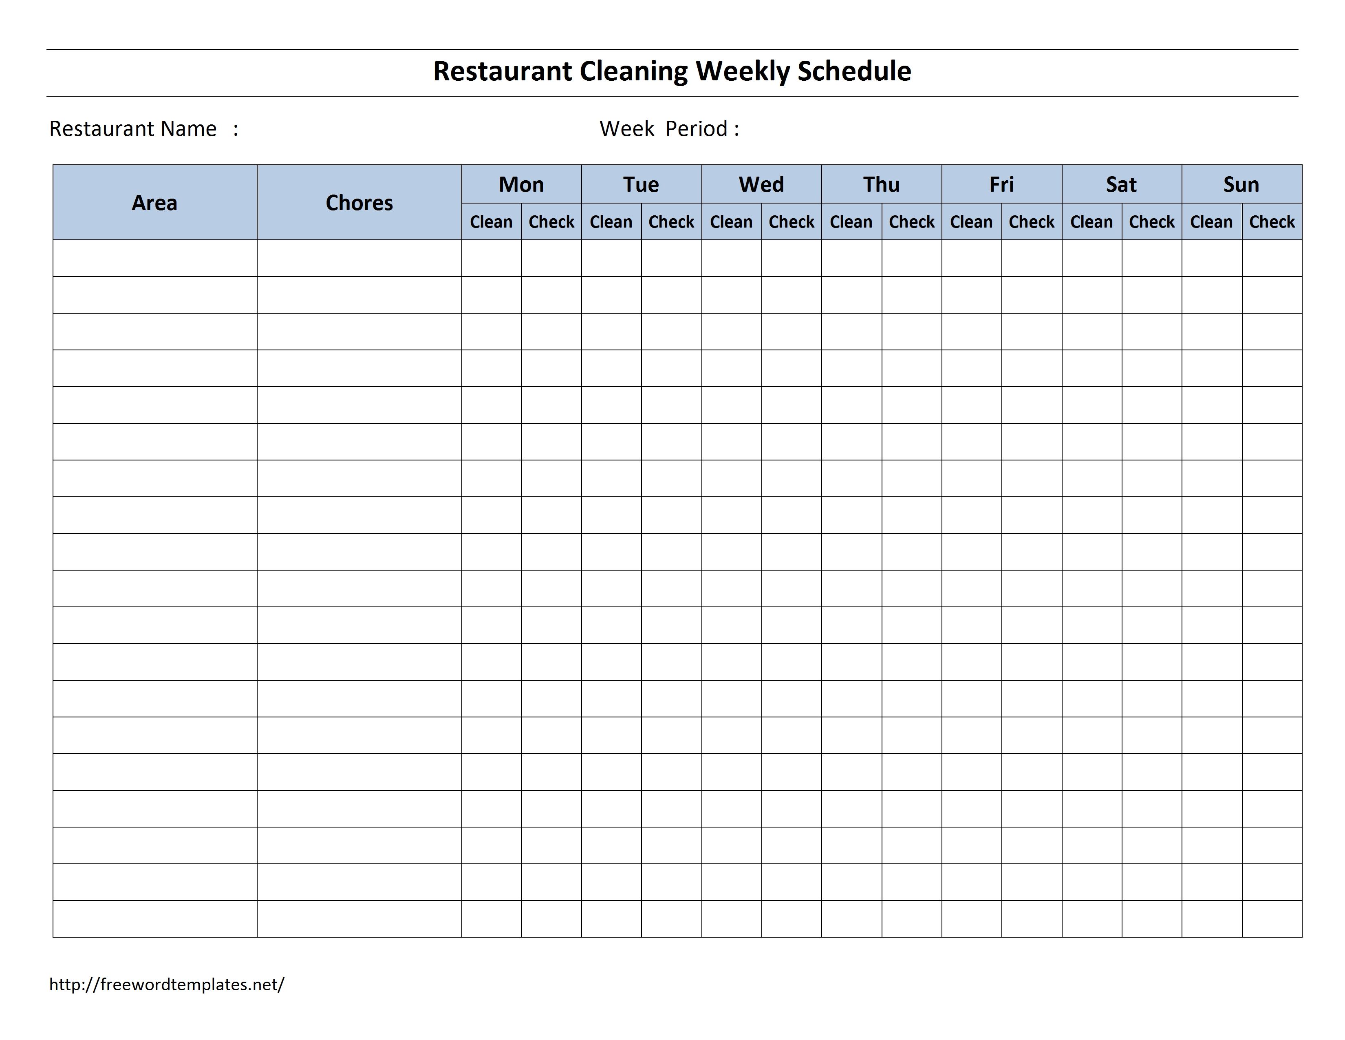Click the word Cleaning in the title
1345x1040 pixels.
pos(633,71)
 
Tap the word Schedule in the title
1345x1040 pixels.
pos(854,71)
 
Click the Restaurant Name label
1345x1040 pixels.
pos(133,129)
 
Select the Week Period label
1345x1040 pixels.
pos(669,129)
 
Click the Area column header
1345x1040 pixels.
pos(154,203)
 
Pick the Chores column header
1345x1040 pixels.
pos(359,203)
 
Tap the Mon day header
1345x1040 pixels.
pos(521,184)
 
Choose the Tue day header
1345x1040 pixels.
pos(641,184)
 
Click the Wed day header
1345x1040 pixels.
pos(761,184)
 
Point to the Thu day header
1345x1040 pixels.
pos(881,184)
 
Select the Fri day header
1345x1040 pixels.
pos(1001,184)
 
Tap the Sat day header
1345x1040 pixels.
pos(1122,184)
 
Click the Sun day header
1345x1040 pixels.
pos(1241,184)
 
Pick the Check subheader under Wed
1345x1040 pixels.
pos(792,222)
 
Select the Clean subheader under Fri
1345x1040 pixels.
pos(971,222)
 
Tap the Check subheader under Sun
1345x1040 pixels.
pos(1272,222)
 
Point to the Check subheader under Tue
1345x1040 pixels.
pos(671,222)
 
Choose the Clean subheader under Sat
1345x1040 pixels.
pos(1091,222)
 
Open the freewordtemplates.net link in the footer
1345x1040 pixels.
pos(167,985)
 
